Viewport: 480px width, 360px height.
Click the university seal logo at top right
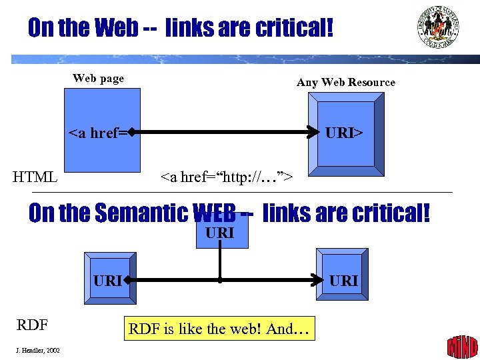click(x=438, y=27)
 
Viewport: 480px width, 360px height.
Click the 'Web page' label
click(x=98, y=79)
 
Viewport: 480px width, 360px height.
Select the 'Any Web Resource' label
click(x=345, y=83)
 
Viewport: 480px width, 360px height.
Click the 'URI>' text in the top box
click(x=344, y=133)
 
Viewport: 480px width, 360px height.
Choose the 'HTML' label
click(x=35, y=177)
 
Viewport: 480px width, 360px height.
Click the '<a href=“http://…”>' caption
click(x=227, y=177)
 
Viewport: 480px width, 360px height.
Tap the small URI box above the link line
click(x=221, y=234)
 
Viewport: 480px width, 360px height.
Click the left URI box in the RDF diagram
click(x=107, y=281)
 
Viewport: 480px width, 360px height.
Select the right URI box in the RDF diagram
click(x=343, y=281)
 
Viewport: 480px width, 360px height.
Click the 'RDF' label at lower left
click(x=32, y=325)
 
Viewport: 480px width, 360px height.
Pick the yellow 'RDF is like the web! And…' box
click(x=219, y=329)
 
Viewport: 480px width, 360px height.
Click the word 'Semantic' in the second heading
click(x=141, y=213)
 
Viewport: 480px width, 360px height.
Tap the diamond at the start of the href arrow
click(x=133, y=133)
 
